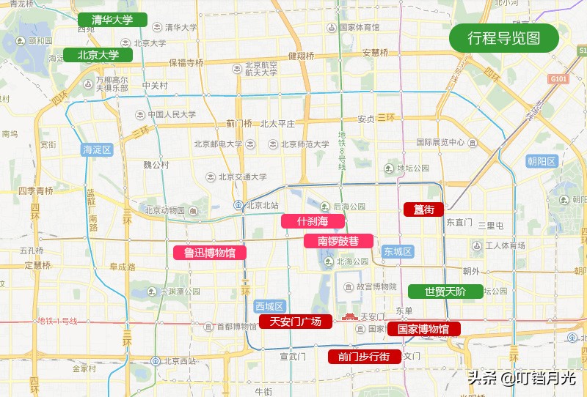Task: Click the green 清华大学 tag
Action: point(112,20)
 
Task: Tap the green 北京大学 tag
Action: point(98,55)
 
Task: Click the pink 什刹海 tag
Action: point(313,221)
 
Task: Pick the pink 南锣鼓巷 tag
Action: point(338,241)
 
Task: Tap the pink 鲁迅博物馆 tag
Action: point(209,253)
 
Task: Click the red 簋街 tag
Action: point(423,209)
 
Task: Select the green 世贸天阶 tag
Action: point(445,292)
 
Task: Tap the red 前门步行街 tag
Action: point(364,357)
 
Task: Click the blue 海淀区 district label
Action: point(96,150)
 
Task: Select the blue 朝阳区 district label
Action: point(542,161)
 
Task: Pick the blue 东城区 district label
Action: point(397,251)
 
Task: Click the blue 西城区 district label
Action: point(269,306)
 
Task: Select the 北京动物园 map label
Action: point(167,210)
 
